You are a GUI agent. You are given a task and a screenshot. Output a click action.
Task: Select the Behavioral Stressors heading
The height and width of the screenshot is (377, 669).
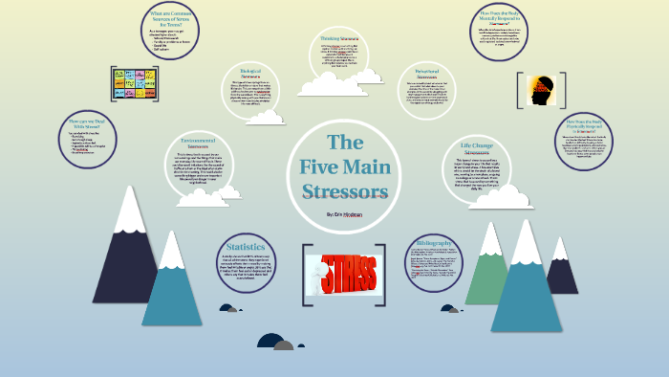(x=425, y=74)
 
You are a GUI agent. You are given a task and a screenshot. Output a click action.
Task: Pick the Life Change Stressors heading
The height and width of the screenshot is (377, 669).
(x=474, y=146)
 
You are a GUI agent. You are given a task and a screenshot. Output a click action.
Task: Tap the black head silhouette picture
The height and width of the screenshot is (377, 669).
(x=541, y=92)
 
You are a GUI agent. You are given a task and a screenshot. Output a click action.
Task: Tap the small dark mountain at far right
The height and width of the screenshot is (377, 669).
(x=562, y=267)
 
